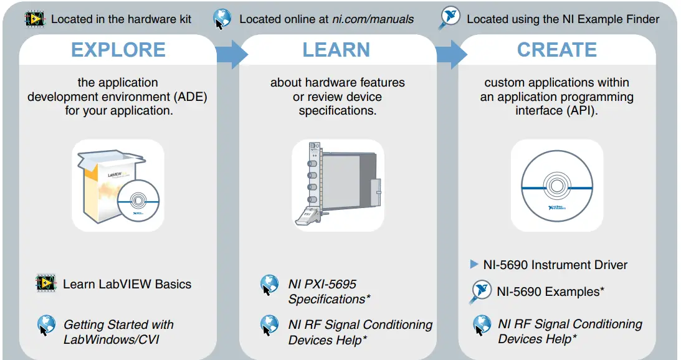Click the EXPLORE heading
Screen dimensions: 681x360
click(118, 49)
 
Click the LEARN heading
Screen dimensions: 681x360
click(336, 49)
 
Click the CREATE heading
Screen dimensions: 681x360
click(557, 49)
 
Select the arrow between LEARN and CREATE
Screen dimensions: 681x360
click(452, 54)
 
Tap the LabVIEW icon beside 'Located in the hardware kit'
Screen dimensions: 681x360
click(35, 19)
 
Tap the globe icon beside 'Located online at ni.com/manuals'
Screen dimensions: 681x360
click(222, 19)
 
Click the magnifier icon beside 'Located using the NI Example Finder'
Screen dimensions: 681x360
click(449, 18)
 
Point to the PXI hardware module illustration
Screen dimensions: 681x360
click(338, 184)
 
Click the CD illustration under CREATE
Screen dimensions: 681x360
click(557, 186)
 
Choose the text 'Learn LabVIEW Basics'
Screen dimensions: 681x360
click(127, 284)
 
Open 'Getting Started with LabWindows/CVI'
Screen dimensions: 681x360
click(118, 332)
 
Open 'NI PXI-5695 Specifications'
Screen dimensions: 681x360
click(329, 291)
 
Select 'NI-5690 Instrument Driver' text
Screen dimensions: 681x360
click(556, 265)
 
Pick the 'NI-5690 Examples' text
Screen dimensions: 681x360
click(550, 291)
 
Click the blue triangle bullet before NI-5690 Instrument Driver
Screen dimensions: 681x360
click(474, 264)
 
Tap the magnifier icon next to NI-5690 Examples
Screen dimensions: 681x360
click(480, 292)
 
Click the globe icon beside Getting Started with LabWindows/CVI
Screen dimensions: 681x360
click(46, 326)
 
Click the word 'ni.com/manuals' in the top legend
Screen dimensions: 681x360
click(373, 19)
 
